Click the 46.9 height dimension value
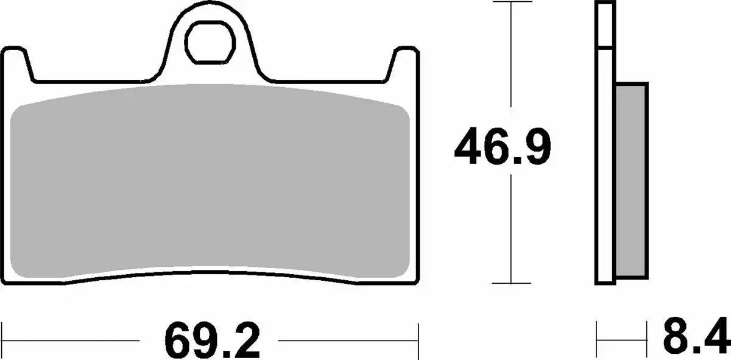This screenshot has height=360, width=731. click(503, 146)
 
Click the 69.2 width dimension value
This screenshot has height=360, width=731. click(212, 340)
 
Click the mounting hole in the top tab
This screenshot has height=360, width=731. click(210, 43)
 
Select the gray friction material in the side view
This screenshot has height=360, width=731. click(631, 181)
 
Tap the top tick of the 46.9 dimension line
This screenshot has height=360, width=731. click(512, 2)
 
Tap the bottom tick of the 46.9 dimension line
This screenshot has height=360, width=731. click(512, 283)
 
